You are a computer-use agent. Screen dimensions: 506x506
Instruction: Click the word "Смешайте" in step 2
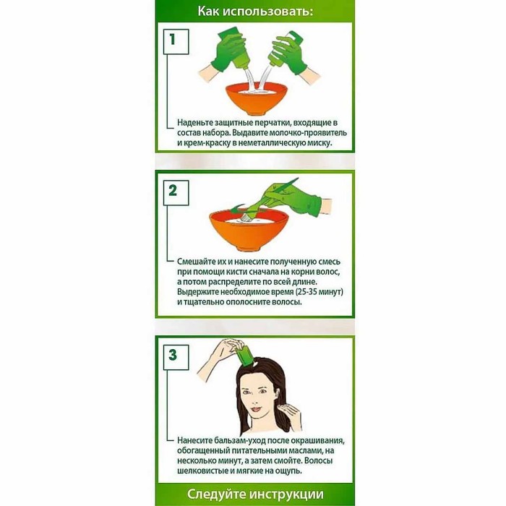(x=200, y=261)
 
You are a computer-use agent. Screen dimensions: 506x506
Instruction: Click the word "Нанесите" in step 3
(x=197, y=440)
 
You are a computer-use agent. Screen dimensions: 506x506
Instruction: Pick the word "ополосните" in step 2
(x=250, y=301)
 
